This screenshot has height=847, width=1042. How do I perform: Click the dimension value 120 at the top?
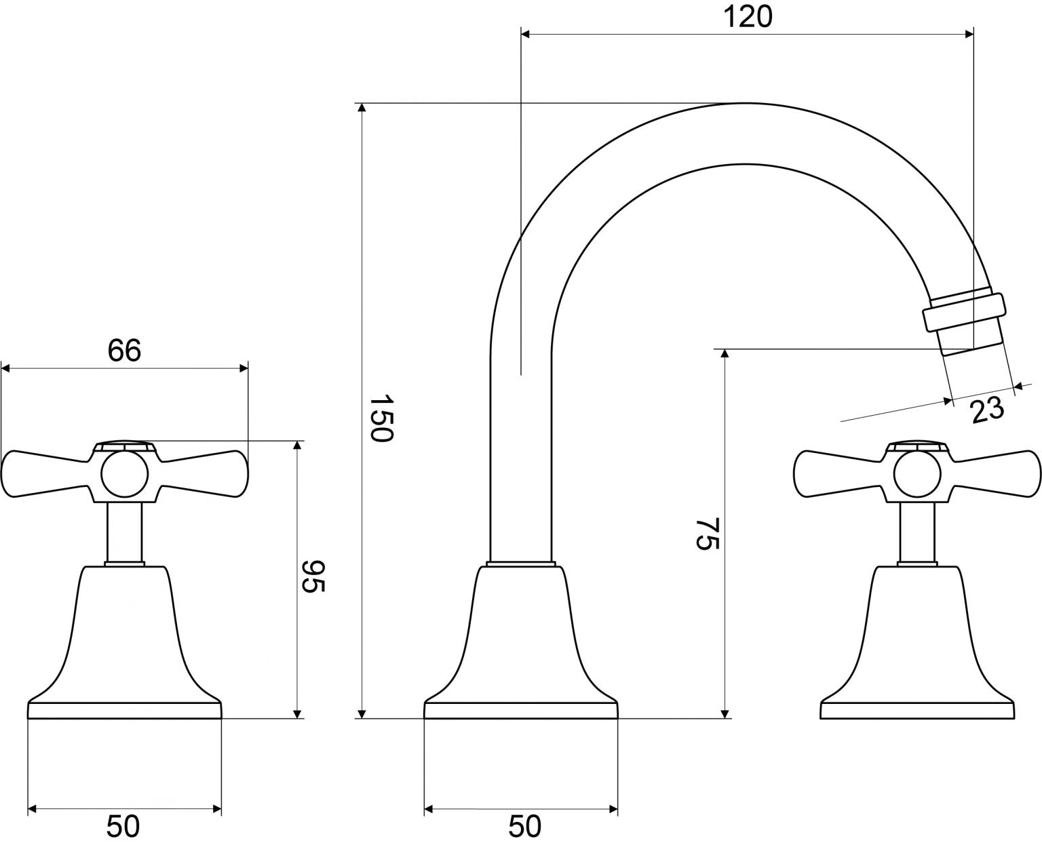point(748,17)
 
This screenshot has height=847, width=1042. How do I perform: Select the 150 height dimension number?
point(381,418)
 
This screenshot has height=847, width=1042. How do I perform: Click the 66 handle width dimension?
point(124,350)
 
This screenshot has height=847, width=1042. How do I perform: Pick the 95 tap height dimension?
point(313,576)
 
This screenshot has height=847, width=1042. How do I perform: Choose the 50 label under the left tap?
point(123,826)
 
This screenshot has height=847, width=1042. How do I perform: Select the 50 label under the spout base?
point(525,826)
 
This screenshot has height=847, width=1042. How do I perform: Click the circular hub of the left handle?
point(124,474)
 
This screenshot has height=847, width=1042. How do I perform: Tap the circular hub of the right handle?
point(916,474)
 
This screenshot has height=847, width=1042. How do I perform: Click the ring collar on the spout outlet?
point(964,311)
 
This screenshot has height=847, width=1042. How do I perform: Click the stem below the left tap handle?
point(124,533)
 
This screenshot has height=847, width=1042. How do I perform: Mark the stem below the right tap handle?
point(916,533)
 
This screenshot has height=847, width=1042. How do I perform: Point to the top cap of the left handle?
point(124,445)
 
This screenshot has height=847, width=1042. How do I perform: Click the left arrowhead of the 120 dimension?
point(526,34)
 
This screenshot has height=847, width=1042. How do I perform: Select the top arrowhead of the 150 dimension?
point(362,108)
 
